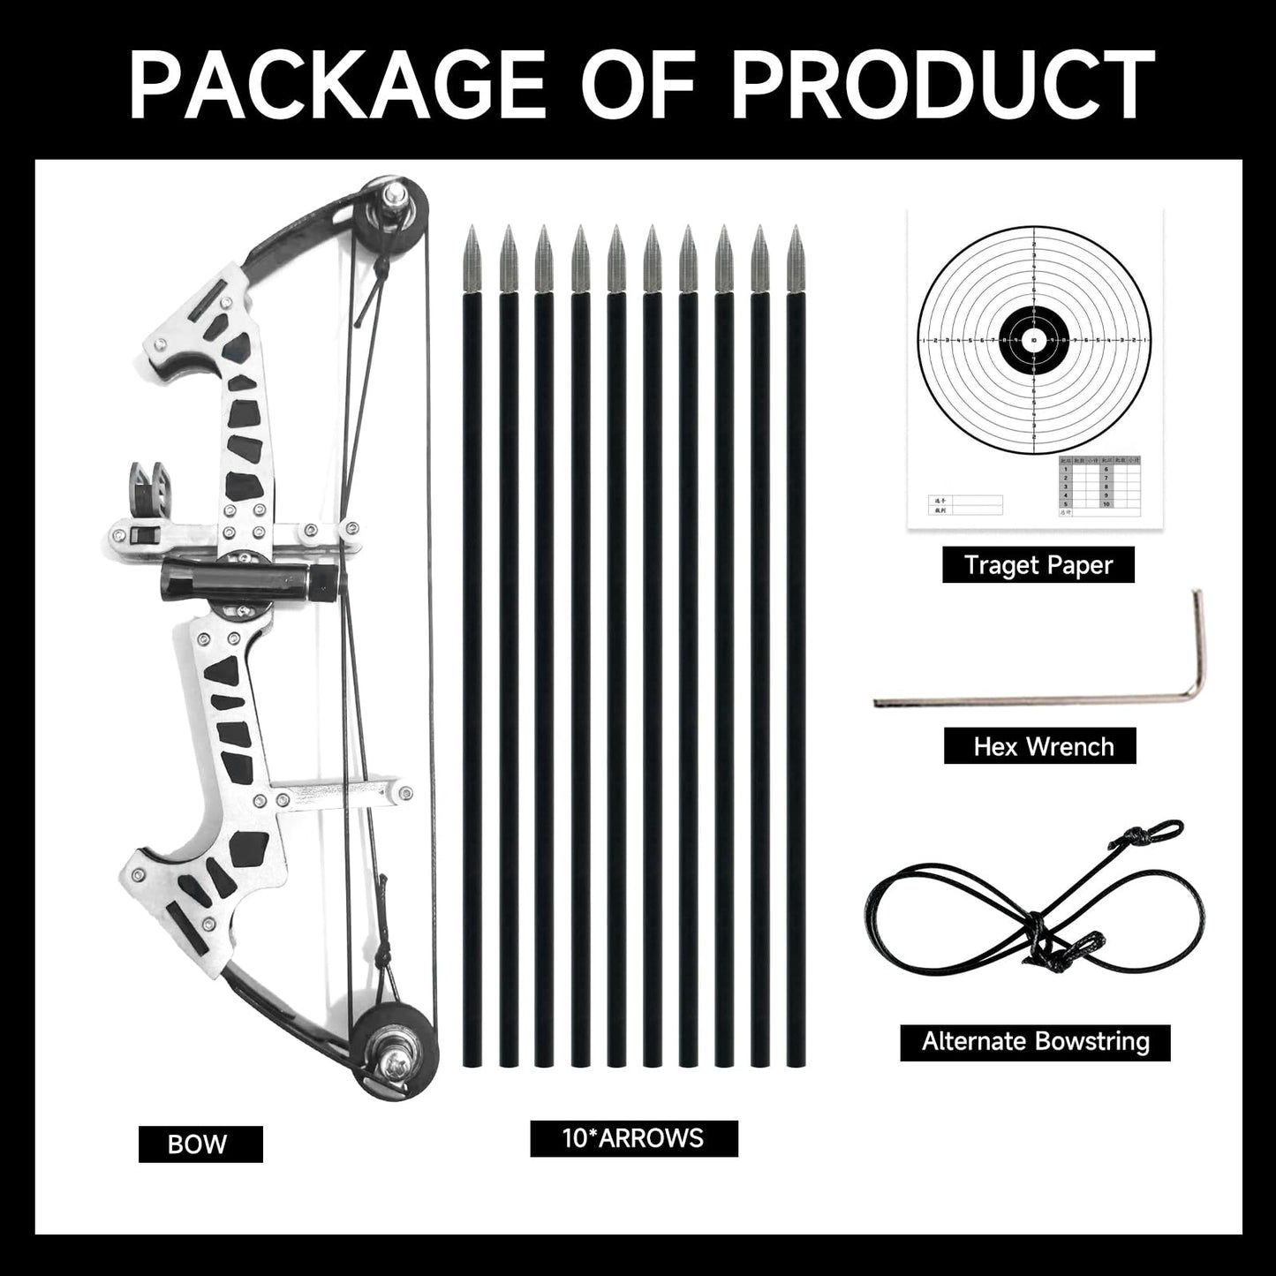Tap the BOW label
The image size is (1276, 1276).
(200, 1144)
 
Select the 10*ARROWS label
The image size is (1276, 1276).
(633, 1137)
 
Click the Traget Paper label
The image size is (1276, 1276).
(1038, 565)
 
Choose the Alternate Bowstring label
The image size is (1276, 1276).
(1035, 1042)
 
